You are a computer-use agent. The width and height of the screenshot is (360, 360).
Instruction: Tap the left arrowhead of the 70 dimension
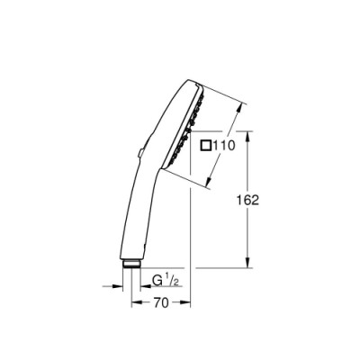pyautogui.click(x=137, y=302)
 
